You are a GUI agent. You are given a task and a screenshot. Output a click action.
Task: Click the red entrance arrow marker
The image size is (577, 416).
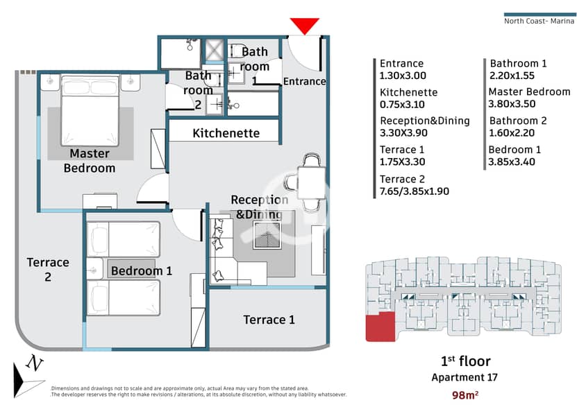[304, 26]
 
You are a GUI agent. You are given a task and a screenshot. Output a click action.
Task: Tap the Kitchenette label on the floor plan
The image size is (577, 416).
[226, 133]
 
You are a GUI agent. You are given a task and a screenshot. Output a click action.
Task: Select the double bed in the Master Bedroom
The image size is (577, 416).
[90, 111]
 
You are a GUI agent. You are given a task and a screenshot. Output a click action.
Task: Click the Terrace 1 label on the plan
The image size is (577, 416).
[269, 320]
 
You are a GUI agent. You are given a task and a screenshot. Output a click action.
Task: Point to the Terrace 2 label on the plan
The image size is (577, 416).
[48, 270]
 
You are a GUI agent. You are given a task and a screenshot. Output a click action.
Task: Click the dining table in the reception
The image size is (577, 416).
[311, 182]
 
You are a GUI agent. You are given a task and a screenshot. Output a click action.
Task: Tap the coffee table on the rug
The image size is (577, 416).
[267, 235]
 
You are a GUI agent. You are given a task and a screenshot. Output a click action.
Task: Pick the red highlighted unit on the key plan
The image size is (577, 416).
[380, 327]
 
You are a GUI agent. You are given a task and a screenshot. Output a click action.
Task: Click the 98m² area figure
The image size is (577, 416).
[465, 395]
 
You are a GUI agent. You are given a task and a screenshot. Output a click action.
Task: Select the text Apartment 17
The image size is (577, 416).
[465, 377]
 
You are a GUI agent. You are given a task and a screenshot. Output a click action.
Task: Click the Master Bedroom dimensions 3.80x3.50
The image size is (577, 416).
[512, 104]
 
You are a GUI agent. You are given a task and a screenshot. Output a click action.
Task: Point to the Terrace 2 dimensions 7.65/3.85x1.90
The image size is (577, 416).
[415, 191]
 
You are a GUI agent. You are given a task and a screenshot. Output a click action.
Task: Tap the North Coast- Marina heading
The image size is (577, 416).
[539, 21]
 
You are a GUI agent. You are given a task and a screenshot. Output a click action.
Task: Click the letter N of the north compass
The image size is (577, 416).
[34, 363]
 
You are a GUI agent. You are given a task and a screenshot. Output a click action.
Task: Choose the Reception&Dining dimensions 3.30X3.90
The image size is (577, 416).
[403, 132]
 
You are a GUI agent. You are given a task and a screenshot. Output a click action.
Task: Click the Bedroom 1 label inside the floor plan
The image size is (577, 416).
[142, 271]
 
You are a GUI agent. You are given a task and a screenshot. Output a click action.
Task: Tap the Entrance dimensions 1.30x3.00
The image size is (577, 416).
[403, 76]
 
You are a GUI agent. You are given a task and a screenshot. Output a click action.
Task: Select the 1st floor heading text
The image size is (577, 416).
[465, 361]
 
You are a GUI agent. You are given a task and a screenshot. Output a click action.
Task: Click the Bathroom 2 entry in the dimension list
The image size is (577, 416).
[518, 121]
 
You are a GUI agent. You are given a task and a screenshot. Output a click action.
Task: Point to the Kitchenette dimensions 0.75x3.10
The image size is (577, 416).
[402, 105]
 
